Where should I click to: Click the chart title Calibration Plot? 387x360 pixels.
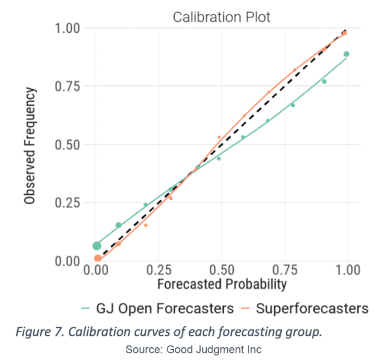[221, 16]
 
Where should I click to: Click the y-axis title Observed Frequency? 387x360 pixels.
[30, 145]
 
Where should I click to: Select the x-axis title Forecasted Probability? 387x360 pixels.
[221, 283]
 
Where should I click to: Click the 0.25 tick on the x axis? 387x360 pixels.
[159, 269]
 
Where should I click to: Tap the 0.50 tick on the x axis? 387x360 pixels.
[222, 269]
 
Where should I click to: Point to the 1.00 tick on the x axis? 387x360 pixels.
[346, 269]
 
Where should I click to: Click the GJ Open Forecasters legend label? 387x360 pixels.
[165, 309]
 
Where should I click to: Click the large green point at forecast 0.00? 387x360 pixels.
[97, 246]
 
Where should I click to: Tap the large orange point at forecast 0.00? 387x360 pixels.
[98, 259]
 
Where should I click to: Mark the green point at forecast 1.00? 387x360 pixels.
[346, 54]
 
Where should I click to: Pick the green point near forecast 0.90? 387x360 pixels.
[324, 81]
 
